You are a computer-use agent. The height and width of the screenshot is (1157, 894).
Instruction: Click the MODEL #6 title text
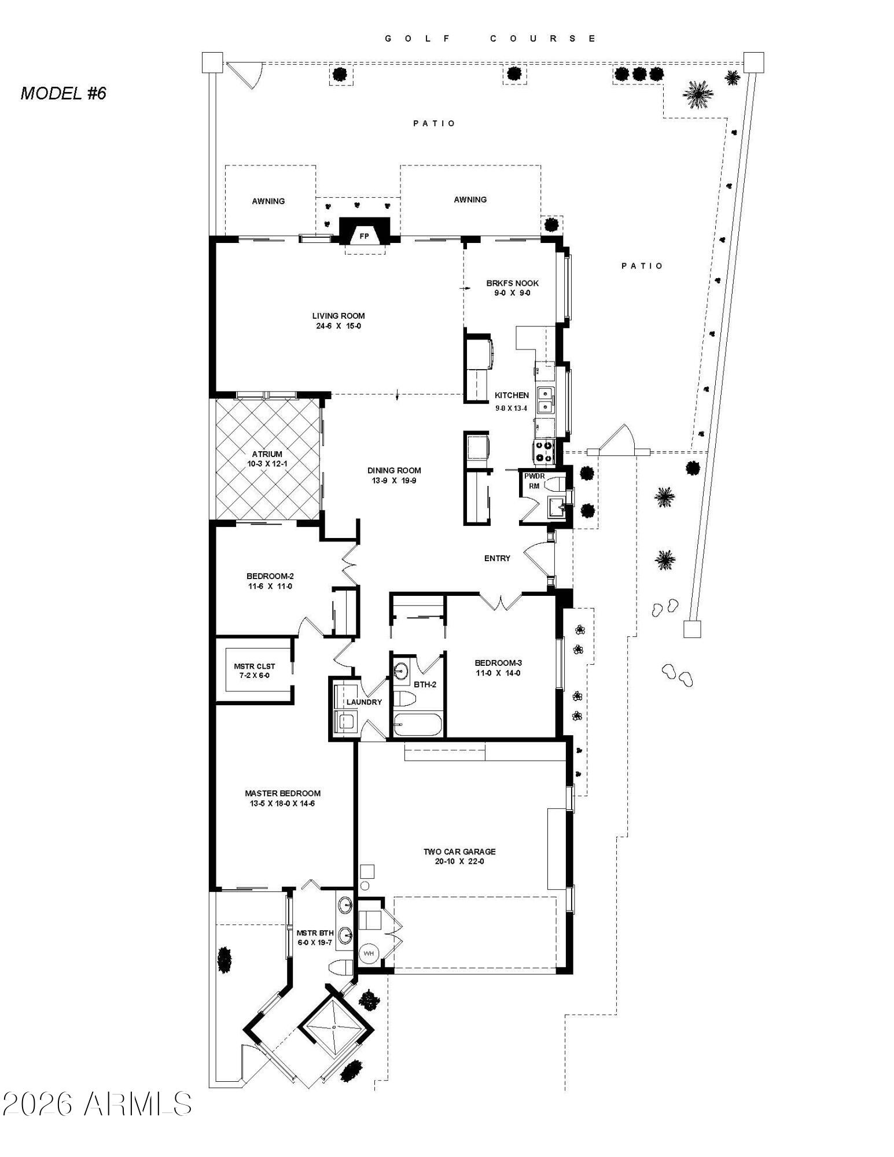click(64, 94)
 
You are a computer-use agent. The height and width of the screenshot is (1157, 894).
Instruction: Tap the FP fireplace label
click(364, 236)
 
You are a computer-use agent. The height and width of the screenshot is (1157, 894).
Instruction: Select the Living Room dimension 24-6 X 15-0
click(339, 326)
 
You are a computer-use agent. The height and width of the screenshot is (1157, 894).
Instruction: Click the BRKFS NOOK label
click(512, 283)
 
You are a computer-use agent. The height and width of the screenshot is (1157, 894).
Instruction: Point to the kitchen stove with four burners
click(544, 451)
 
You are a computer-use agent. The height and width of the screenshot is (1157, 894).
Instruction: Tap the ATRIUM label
click(267, 454)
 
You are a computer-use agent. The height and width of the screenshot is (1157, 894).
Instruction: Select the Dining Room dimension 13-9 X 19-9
click(394, 480)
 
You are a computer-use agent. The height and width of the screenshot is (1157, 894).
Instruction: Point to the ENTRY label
click(497, 558)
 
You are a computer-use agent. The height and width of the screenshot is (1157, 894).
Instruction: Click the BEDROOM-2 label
click(270, 576)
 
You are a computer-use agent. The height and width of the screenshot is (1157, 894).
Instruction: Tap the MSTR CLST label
click(255, 666)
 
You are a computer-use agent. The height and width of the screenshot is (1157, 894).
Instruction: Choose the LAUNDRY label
click(364, 702)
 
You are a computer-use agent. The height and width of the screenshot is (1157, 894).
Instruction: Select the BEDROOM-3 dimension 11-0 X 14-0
click(498, 673)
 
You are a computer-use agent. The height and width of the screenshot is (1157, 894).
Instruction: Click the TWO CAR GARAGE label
click(459, 852)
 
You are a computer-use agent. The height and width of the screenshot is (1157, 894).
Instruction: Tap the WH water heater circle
click(369, 953)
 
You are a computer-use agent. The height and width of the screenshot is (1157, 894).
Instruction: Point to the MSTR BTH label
click(315, 933)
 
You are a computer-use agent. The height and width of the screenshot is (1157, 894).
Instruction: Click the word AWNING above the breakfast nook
click(470, 200)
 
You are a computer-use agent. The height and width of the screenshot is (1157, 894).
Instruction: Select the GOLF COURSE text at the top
click(490, 39)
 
